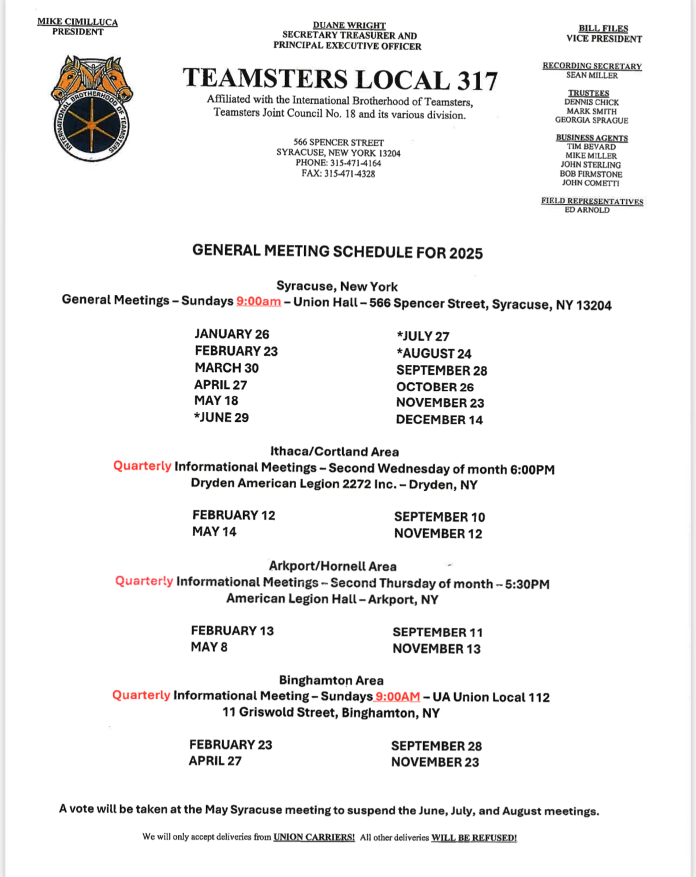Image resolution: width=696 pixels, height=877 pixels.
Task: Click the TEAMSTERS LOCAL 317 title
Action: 340,80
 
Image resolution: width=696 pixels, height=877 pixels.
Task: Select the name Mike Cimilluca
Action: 77,22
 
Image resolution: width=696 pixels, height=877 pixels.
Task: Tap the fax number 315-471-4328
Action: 338,173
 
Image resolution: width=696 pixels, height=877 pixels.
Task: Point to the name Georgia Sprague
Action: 592,120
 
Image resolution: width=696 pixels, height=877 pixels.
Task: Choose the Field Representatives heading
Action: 592,201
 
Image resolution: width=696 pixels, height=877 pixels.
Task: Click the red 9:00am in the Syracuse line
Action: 259,301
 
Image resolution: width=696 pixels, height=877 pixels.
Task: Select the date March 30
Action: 226,368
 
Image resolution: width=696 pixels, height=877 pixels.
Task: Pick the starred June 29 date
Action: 221,417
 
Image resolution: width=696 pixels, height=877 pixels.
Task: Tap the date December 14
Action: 439,420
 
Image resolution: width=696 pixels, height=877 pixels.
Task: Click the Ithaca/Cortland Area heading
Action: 335,451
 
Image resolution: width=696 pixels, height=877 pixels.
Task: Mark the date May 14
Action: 214,531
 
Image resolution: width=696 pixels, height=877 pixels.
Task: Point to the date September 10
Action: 439,517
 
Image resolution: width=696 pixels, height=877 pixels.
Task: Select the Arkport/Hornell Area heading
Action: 332,566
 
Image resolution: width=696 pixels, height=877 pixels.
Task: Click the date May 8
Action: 209,647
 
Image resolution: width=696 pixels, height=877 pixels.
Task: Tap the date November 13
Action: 436,649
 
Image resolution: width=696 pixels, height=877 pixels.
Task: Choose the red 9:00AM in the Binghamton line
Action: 398,697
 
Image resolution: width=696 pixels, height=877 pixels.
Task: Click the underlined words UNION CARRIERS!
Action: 314,837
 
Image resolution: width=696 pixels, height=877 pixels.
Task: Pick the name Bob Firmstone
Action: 591,174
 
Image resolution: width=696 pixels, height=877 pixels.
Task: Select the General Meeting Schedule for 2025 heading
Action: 338,252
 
